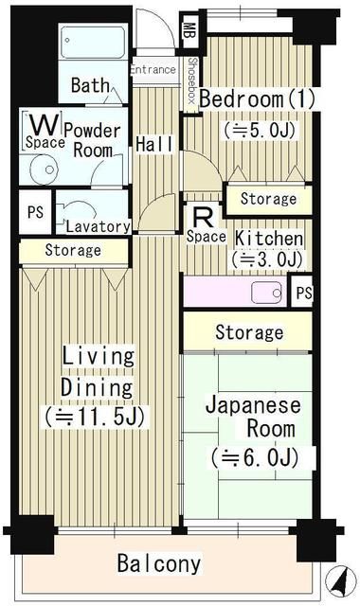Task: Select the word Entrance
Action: (x=152, y=69)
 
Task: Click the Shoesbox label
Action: (x=191, y=80)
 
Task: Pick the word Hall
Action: (x=153, y=144)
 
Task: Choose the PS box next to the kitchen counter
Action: (x=302, y=293)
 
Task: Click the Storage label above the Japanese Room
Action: (x=248, y=332)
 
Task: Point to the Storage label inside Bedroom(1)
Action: (x=268, y=199)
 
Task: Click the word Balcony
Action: (x=159, y=564)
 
